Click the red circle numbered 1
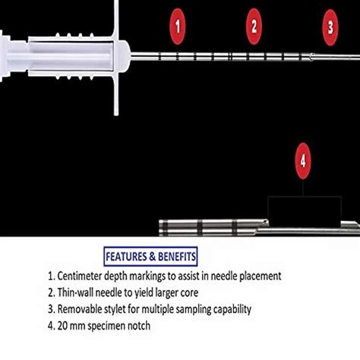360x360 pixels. click(x=178, y=26)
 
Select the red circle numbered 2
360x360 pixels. click(x=254, y=26)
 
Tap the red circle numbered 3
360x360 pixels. click(x=330, y=26)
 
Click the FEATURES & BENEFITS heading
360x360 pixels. click(x=152, y=256)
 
